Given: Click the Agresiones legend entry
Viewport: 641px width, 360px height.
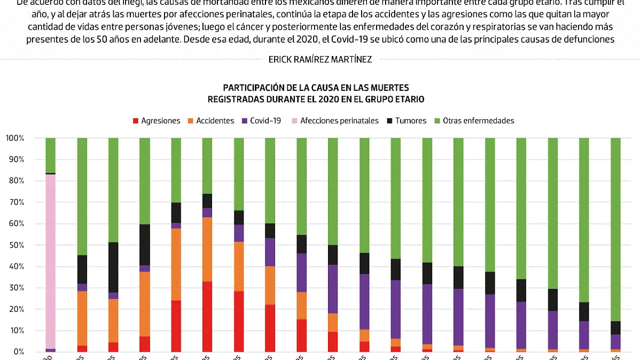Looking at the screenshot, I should [157, 121].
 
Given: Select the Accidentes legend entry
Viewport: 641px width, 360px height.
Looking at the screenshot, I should [211, 121].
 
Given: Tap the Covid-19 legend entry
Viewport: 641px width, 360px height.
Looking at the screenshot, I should [261, 121].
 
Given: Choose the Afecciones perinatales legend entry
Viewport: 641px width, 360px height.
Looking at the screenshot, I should [335, 121].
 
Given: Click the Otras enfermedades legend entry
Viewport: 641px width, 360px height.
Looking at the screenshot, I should [474, 121].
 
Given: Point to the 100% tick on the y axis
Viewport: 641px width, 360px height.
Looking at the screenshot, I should [15, 138].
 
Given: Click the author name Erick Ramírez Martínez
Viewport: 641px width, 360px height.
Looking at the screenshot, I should [320, 60].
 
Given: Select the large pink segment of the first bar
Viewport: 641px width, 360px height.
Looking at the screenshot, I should [51, 262].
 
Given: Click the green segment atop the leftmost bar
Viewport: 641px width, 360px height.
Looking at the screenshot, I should [51, 155].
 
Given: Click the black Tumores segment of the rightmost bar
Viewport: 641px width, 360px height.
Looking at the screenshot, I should [615, 327].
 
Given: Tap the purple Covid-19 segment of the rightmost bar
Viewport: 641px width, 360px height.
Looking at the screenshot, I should [615, 342].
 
